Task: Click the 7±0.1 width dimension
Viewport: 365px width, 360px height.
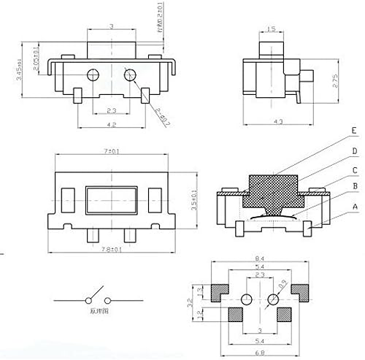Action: click(111, 151)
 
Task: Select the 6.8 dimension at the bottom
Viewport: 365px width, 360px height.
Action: click(261, 353)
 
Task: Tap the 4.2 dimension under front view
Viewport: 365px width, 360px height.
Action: click(111, 124)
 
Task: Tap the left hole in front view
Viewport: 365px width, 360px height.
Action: click(92, 74)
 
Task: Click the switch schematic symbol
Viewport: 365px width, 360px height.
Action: click(91, 299)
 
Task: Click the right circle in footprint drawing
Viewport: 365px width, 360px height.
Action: click(274, 299)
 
